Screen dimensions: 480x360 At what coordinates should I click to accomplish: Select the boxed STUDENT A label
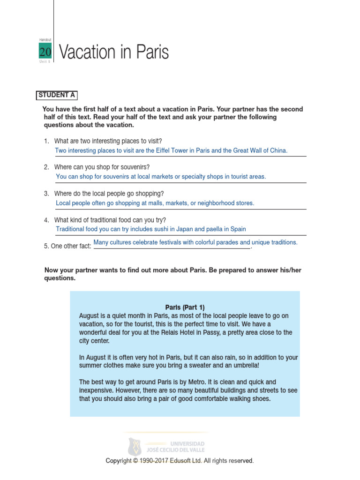[57, 95]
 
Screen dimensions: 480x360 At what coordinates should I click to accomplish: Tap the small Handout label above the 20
[45, 40]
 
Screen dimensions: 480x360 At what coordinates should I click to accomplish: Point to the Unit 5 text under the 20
[45, 62]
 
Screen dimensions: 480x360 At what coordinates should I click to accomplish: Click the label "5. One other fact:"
[67, 246]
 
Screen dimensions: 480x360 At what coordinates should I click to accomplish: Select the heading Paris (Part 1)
[185, 307]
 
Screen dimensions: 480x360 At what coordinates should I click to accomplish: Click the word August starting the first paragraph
[90, 316]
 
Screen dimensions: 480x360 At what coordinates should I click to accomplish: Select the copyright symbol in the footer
[135, 461]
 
